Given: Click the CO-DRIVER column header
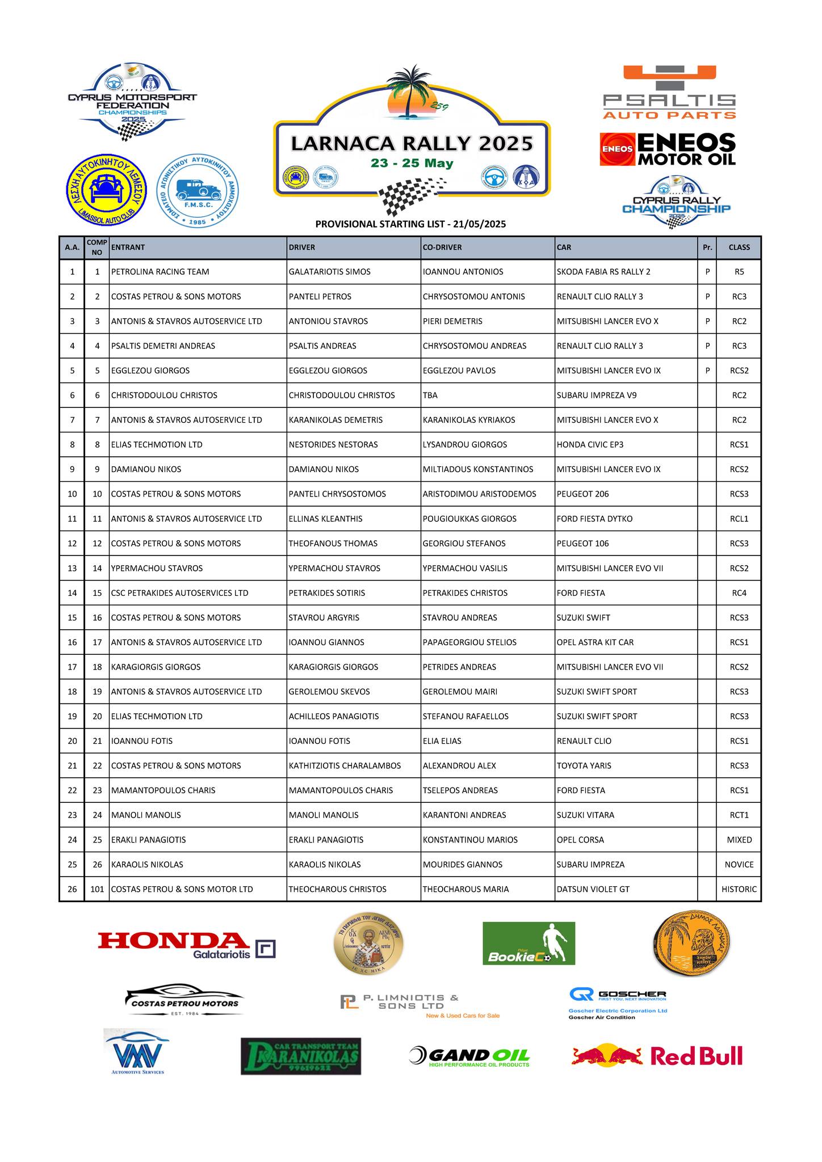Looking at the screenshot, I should coord(442,247).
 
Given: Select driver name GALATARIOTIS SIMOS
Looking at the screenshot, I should coord(329,272).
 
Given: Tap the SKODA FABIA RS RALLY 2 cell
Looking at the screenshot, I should coord(603,272).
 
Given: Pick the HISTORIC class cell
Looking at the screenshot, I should coord(739,889).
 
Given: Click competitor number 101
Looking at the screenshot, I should coord(97,889).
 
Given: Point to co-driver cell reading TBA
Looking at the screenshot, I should coord(430,395).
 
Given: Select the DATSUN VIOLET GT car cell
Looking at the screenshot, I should coord(593,889).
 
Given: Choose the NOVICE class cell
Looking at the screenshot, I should coord(739,865).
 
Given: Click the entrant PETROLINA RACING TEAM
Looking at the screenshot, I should coord(160,272).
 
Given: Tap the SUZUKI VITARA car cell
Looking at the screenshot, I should coord(585,815).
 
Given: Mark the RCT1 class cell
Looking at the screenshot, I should coord(739,815).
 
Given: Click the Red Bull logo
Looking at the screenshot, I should coord(657,1056).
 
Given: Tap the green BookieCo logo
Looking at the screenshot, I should coord(529,943).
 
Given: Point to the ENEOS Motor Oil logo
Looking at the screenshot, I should coord(668,149).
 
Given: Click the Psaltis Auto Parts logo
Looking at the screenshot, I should coord(669,92).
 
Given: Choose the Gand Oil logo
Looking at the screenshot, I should coord(469,1056).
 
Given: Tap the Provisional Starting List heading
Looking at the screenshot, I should coord(410,224).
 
